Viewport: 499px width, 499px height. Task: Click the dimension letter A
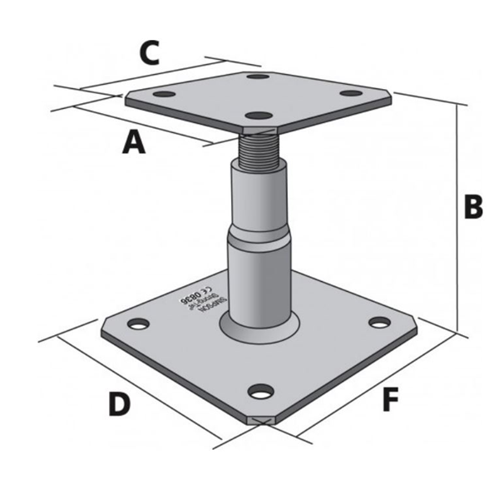pyautogui.click(x=133, y=143)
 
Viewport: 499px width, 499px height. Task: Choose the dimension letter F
pyautogui.click(x=390, y=400)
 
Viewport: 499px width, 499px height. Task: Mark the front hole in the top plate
pyautogui.click(x=260, y=116)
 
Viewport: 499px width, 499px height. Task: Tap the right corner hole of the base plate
pyautogui.click(x=380, y=322)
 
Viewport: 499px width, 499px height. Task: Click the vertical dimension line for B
pyautogui.click(x=457, y=216)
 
